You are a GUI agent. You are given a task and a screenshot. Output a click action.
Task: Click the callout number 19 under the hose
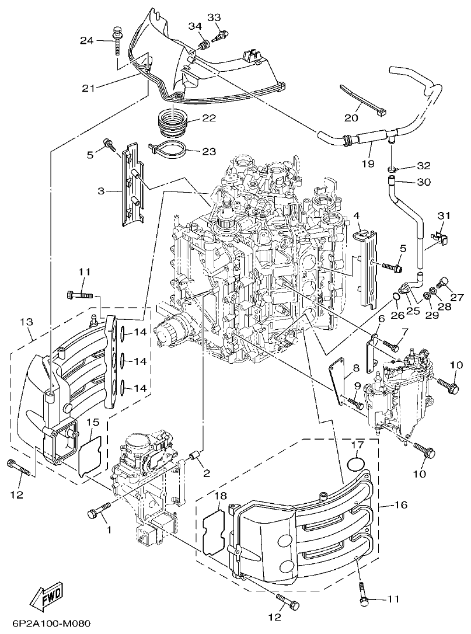click(x=367, y=164)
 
